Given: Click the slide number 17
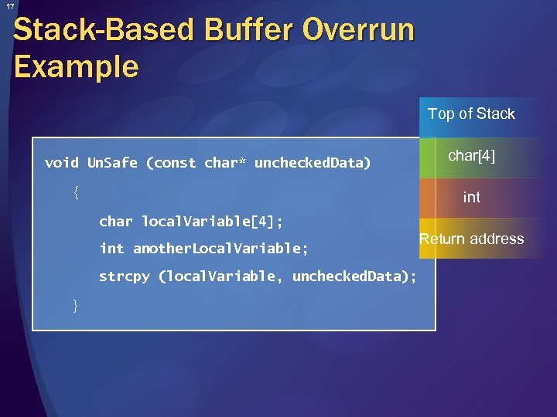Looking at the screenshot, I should click(10, 7).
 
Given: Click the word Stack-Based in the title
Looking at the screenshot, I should click(102, 32).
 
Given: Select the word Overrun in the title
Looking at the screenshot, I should click(358, 32).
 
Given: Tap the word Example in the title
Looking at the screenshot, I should click(76, 67).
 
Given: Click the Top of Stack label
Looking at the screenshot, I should click(471, 114).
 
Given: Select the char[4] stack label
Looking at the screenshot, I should click(472, 156).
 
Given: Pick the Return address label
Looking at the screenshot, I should click(472, 239).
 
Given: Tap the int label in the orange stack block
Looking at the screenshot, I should click(472, 198).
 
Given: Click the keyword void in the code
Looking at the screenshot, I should click(62, 163).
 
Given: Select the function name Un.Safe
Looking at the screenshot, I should click(112, 163).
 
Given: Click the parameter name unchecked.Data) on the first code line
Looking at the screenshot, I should click(313, 163).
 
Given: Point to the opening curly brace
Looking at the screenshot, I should click(75, 192).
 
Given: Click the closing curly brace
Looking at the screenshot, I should click(75, 306).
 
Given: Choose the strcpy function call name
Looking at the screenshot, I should click(124, 276).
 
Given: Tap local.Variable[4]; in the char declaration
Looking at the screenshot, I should click(212, 222).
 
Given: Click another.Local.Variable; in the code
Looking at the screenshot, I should click(220, 249).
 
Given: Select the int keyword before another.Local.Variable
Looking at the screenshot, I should click(111, 249).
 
